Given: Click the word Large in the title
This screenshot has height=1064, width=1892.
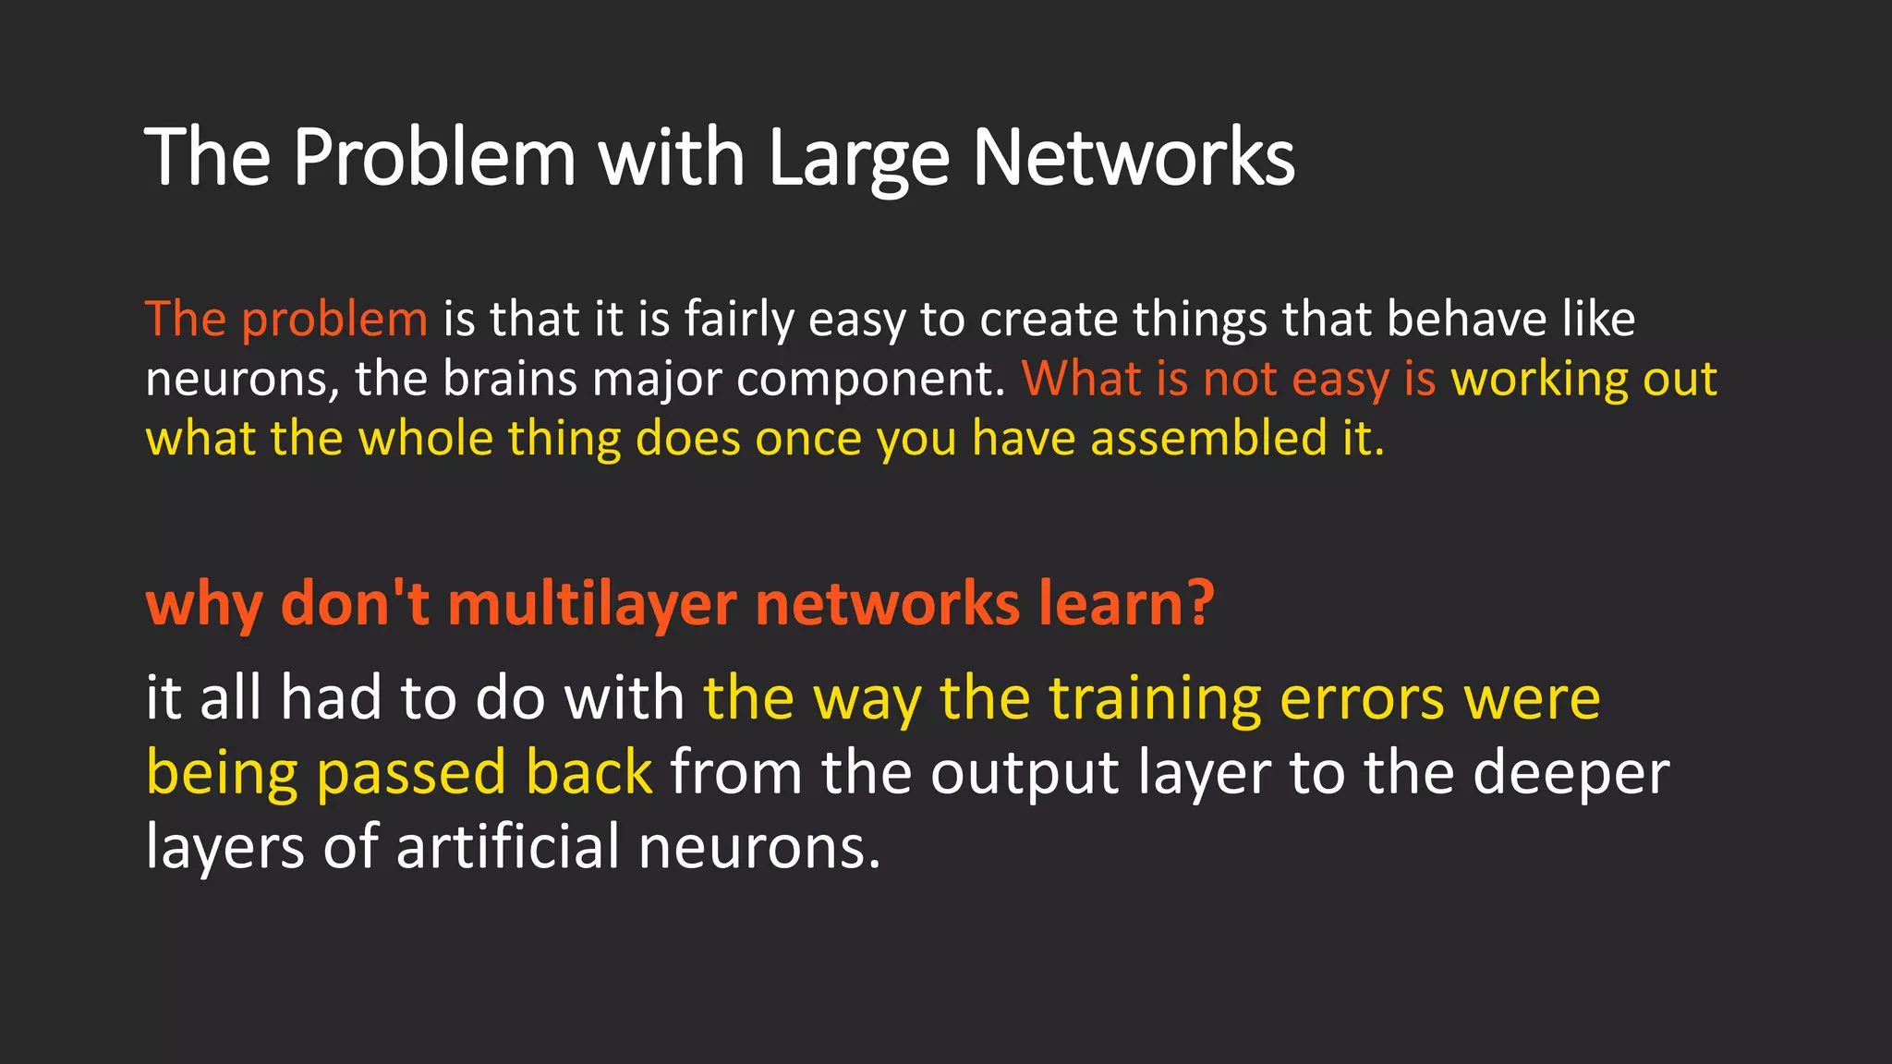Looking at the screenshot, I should point(858,159).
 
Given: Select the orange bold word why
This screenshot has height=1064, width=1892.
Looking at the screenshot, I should point(204,605).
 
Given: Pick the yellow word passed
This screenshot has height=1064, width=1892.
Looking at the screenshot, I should point(411,774).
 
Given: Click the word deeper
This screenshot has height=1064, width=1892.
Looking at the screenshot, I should point(1571,774).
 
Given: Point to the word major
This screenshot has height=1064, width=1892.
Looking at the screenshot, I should point(657,381).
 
